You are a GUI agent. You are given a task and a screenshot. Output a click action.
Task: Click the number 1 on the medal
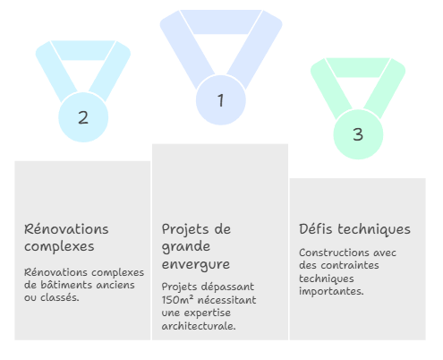(220, 100)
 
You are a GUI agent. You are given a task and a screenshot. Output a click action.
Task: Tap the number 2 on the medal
(83, 117)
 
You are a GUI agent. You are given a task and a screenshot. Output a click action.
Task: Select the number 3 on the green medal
(358, 134)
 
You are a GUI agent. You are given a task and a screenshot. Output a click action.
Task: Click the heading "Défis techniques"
(354, 229)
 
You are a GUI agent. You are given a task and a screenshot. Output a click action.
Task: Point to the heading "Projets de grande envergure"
(196, 246)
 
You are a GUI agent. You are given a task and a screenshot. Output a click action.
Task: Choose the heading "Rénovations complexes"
(66, 238)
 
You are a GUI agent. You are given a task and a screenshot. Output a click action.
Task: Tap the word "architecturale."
(199, 326)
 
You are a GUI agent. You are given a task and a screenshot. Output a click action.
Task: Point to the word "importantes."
(331, 291)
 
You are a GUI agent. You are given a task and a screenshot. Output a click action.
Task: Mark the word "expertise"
(207, 313)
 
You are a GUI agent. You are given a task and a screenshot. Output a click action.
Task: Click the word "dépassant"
(231, 287)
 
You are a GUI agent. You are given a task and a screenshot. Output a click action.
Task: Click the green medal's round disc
(358, 134)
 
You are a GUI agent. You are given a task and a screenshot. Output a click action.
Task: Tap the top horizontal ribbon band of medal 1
(221, 21)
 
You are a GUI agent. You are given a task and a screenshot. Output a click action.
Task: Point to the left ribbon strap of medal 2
(56, 71)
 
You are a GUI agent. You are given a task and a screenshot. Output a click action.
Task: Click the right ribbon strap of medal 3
(385, 88)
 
